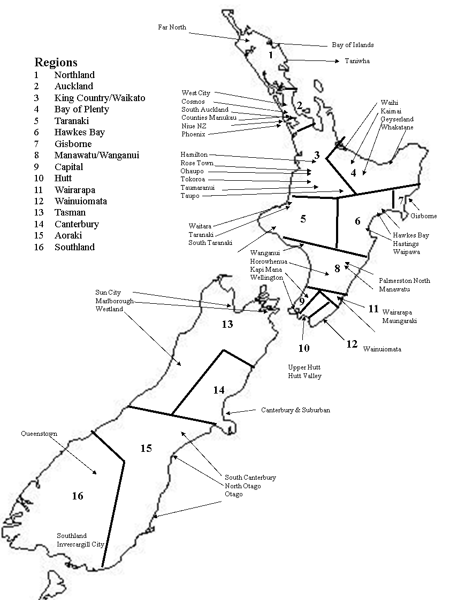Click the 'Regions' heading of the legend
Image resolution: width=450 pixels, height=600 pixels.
tap(56, 61)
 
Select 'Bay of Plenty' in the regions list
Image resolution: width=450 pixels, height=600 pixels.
tap(81, 109)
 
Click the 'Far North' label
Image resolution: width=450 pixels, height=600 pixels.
tap(172, 27)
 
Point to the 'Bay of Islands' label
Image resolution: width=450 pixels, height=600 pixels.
tap(353, 45)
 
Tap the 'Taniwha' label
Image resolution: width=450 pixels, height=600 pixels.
tap(357, 61)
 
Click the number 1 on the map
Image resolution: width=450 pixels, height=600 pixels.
tap(271, 55)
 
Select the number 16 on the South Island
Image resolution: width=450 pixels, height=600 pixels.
tap(78, 496)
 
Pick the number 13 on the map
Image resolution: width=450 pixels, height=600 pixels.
tap(227, 324)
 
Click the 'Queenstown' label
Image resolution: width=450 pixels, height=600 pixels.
tap(39, 434)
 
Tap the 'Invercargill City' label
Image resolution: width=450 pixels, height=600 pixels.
tap(80, 544)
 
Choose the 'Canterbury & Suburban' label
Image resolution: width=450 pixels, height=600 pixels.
tap(295, 410)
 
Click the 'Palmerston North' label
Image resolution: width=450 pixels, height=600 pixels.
tap(404, 280)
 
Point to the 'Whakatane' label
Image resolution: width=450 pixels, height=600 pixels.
tap(397, 127)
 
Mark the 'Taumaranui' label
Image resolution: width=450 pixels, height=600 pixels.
tap(197, 188)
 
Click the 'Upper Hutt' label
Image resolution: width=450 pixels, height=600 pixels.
tap(304, 367)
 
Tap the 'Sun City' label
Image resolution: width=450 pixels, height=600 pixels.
tap(108, 293)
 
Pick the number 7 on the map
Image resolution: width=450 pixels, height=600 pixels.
tap(401, 201)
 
